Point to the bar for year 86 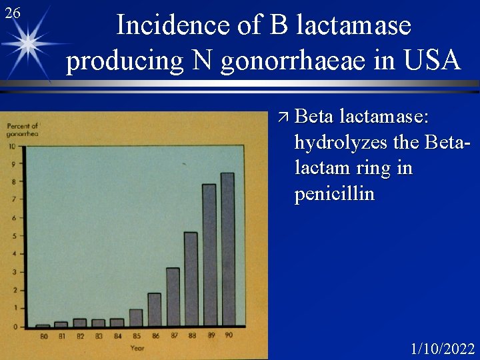(154, 309)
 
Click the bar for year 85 (136, 317)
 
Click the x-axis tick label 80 (43, 335)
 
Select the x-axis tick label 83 (99, 335)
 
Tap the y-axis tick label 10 (12, 146)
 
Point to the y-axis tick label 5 (15, 236)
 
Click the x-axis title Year (137, 348)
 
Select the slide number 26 (11, 13)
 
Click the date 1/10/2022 (443, 349)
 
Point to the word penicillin (335, 194)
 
